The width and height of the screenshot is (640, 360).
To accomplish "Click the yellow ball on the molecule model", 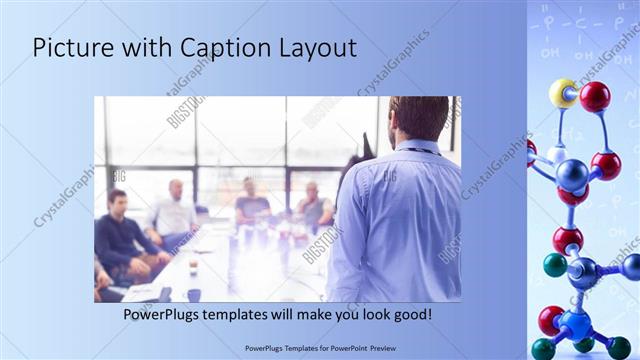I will pyautogui.click(x=562, y=93).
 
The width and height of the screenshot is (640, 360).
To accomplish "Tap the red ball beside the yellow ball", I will pyautogui.click(x=595, y=96).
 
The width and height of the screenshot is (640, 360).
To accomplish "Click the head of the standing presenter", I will pyautogui.click(x=419, y=118).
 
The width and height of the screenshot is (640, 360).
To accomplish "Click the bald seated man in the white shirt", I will pyautogui.click(x=174, y=210).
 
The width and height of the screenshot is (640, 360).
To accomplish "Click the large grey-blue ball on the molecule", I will pyautogui.click(x=571, y=175).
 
